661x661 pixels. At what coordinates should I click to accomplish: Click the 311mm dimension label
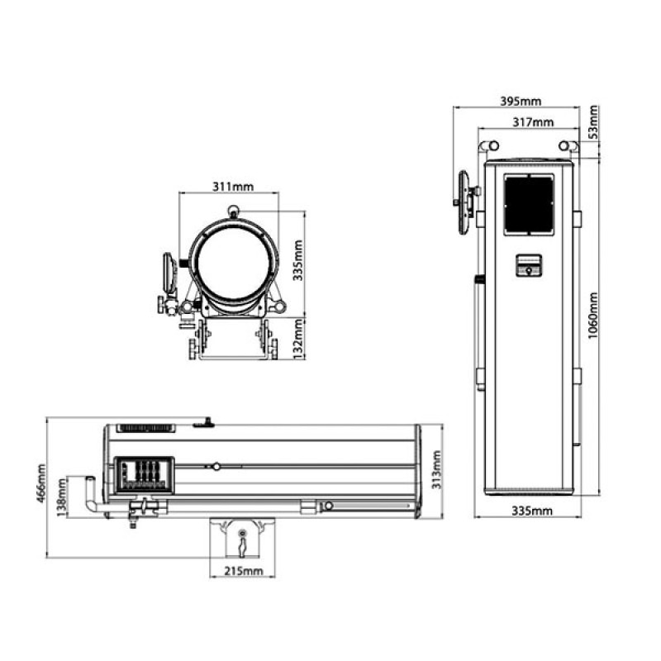coord(229,186)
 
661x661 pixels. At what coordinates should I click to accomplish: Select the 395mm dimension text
coord(521,101)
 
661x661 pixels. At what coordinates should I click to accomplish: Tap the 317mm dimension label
coord(532,122)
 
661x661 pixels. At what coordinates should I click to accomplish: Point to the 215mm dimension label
coord(243,570)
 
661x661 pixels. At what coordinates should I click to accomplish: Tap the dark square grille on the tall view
coord(530,202)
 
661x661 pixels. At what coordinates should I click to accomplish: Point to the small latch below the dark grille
coord(529,266)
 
